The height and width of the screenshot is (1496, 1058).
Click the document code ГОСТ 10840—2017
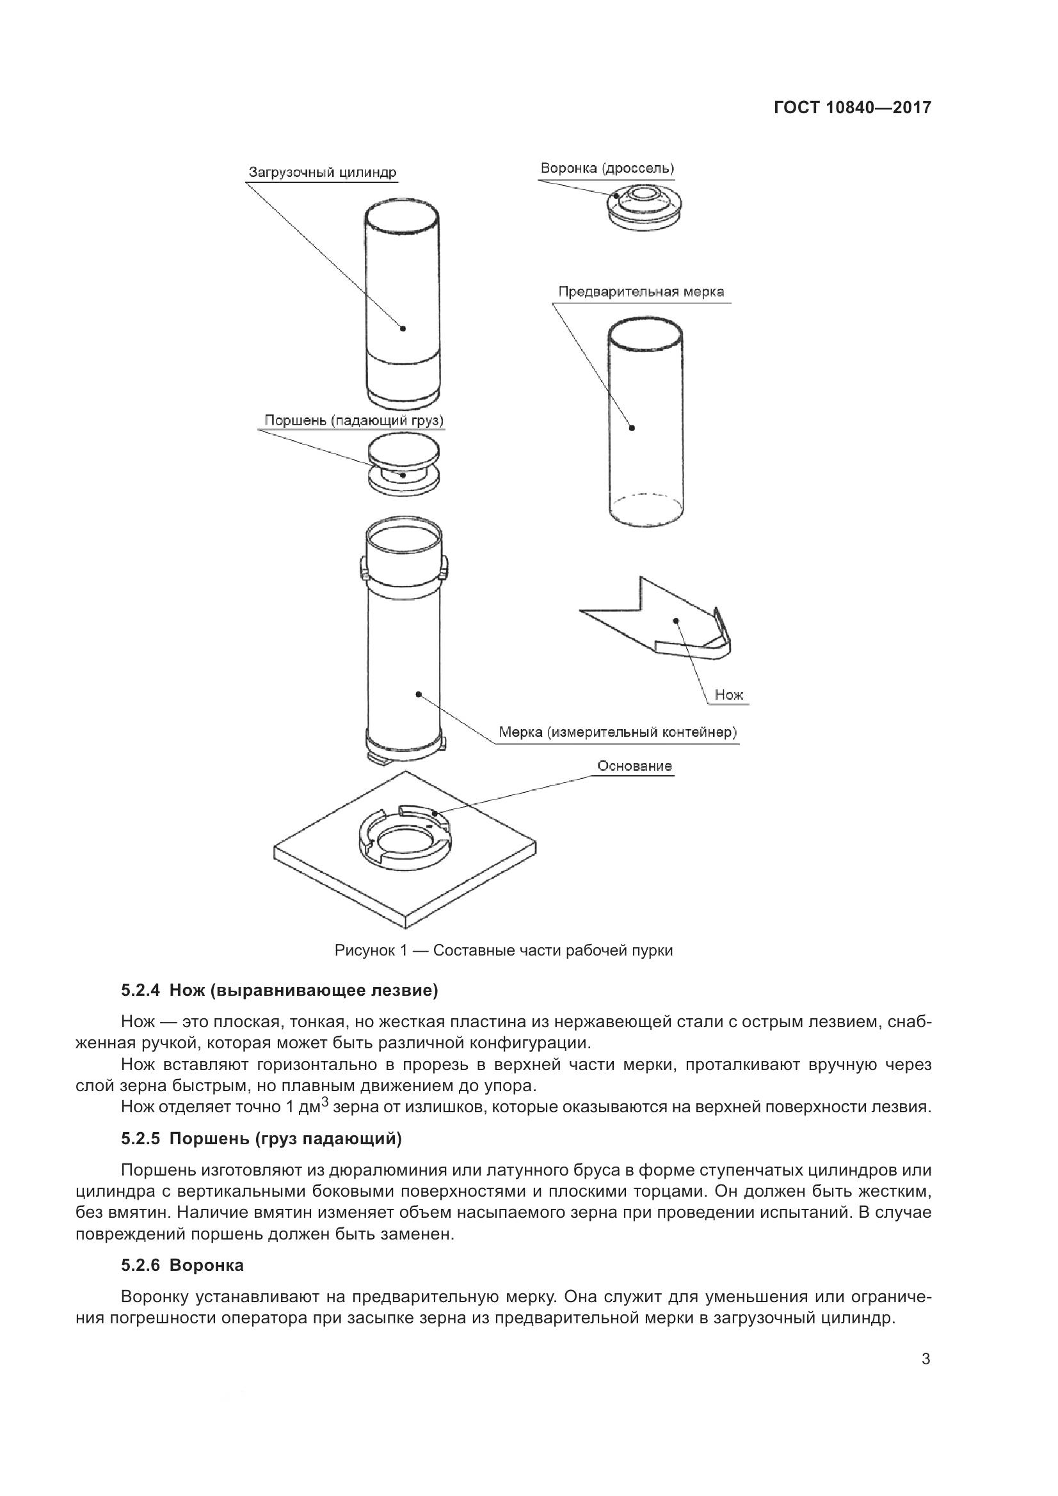click(852, 107)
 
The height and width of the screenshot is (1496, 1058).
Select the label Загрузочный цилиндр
click(323, 173)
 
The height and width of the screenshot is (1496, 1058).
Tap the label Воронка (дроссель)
click(607, 168)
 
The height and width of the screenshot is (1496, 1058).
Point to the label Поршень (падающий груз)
click(354, 420)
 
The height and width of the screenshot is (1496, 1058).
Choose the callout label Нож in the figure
click(729, 695)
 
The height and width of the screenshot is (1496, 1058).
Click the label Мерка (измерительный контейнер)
click(618, 732)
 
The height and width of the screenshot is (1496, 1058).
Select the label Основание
click(634, 766)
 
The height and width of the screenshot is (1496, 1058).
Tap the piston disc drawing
click(403, 466)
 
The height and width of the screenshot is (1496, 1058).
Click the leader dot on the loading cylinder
click(403, 328)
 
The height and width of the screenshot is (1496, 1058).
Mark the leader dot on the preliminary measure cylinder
click(632, 428)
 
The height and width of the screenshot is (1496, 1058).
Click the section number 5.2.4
click(140, 991)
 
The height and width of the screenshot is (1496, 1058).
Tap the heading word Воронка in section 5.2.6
click(207, 1265)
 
